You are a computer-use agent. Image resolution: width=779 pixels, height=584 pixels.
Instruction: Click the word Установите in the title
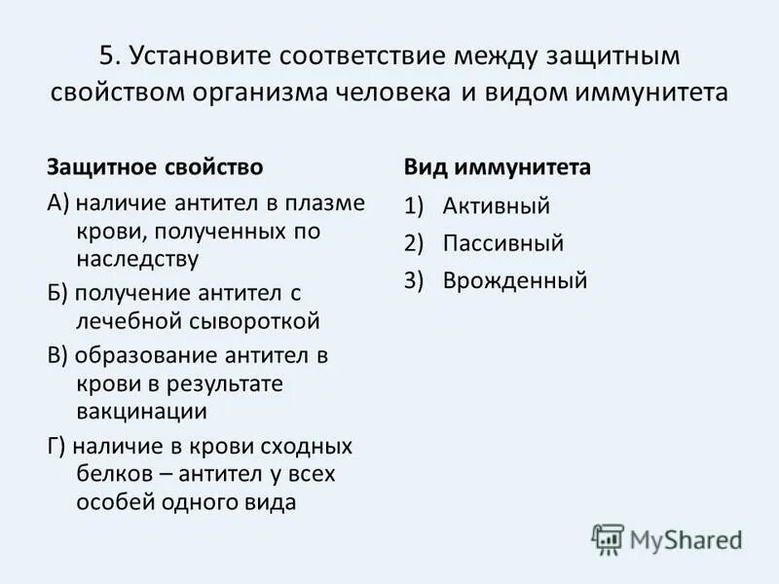click(202, 55)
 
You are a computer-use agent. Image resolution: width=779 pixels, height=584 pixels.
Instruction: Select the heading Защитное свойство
click(155, 166)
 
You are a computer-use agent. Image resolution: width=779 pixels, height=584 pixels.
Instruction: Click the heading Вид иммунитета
click(498, 166)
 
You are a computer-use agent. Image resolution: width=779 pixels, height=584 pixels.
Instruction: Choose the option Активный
click(497, 205)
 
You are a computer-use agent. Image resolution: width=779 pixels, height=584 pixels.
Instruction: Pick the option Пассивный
click(503, 243)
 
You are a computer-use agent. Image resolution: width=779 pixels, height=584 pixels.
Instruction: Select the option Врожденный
click(515, 281)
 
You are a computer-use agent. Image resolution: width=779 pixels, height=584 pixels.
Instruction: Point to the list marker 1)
click(416, 205)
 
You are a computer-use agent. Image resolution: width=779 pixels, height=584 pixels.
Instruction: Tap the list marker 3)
click(416, 281)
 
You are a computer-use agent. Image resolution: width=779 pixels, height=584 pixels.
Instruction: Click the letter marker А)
click(58, 204)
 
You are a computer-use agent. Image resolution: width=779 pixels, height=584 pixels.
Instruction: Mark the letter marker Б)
click(57, 293)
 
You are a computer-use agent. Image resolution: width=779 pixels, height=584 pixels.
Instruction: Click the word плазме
click(332, 204)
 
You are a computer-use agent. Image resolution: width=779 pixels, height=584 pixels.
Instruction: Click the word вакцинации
click(141, 411)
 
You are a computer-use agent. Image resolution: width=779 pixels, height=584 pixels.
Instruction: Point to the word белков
click(113, 474)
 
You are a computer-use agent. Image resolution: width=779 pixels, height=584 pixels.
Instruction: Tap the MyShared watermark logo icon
click(608, 537)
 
